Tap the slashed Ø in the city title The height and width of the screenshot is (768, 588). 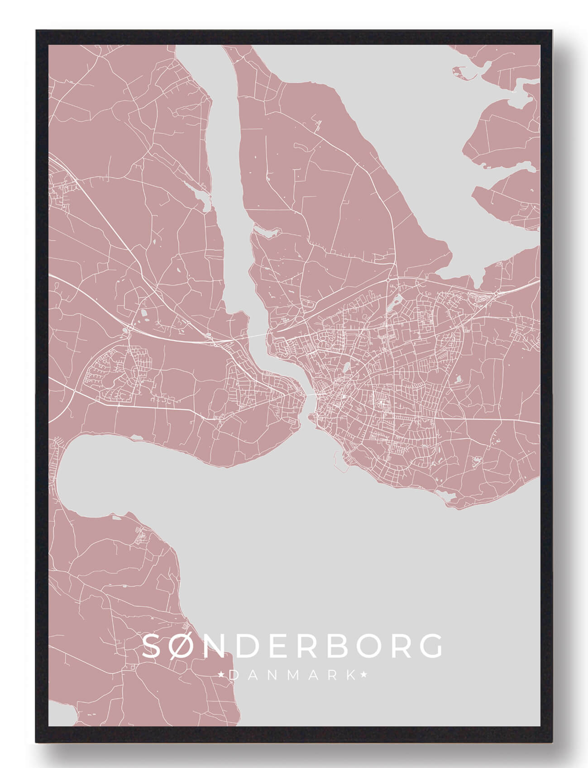pyautogui.click(x=186, y=645)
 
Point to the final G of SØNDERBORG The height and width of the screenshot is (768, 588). pyautogui.click(x=429, y=645)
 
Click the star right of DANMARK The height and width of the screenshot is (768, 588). pyautogui.click(x=363, y=675)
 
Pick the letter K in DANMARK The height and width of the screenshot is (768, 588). pyautogui.click(x=351, y=675)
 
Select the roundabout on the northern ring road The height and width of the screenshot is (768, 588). pyautogui.click(x=388, y=280)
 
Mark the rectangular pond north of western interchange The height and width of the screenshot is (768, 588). pyautogui.click(x=144, y=312)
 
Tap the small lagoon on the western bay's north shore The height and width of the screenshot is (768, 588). pyautogui.click(x=136, y=437)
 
